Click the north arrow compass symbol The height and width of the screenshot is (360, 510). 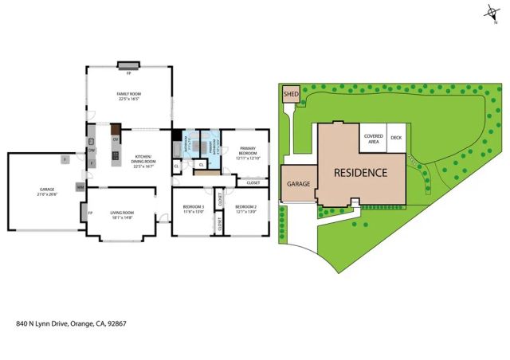488,11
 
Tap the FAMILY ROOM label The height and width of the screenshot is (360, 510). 129,97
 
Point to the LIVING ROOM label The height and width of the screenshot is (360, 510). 121,213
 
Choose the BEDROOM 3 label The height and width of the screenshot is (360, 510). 194,209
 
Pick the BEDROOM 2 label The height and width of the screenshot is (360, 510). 245,209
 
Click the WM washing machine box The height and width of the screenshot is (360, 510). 80,186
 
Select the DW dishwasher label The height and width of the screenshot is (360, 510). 92,150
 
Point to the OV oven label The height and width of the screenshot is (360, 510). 116,139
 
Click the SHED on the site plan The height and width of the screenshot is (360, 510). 290,95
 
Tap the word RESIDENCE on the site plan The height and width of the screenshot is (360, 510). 359,173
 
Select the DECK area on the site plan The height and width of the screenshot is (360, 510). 395,138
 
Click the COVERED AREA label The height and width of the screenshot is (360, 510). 373,138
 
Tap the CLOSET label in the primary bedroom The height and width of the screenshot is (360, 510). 253,182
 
